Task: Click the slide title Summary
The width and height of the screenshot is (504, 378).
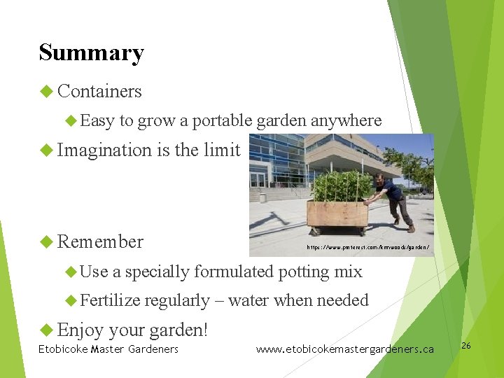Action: [x=91, y=53]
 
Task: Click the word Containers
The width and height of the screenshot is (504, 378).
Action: [x=99, y=92]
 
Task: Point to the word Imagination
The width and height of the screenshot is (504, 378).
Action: [x=104, y=150]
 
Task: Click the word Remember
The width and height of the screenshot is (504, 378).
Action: [x=100, y=242]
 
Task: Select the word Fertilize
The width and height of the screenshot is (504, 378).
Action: [x=111, y=300]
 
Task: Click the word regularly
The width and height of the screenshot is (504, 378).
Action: [x=176, y=301]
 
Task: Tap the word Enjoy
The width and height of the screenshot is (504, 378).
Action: [x=80, y=329]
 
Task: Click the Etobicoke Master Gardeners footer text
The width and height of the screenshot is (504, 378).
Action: [x=108, y=349]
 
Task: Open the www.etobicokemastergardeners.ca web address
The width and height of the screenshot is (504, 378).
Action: [x=344, y=349]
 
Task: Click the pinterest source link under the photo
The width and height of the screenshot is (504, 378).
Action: [x=367, y=248]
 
